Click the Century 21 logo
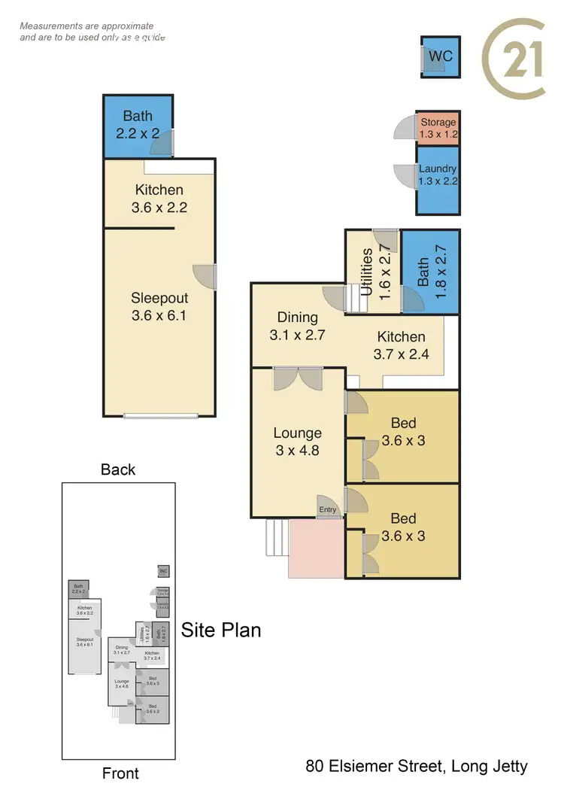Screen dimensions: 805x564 pos(514,59)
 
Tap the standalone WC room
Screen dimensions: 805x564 pos(440,56)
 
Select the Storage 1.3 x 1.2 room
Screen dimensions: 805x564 pos(438,128)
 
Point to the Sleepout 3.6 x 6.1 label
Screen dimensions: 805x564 pos(159,307)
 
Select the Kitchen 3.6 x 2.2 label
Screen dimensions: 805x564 pos(159,199)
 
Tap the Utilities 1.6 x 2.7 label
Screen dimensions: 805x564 pos(373,271)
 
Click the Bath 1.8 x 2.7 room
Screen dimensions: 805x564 pos(431,272)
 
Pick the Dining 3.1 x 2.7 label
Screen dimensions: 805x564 pos(297,327)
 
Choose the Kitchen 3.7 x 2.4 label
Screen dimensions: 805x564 pos(401,345)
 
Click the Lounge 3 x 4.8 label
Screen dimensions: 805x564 pos(297,442)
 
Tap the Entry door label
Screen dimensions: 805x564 pos(328,510)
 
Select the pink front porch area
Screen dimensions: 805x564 pos(316,548)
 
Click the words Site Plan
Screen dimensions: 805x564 pos(221,630)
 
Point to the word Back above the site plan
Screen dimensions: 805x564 pos(118,469)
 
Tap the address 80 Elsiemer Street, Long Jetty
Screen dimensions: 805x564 pos(417,767)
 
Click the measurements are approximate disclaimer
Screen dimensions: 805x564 pos(92,32)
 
